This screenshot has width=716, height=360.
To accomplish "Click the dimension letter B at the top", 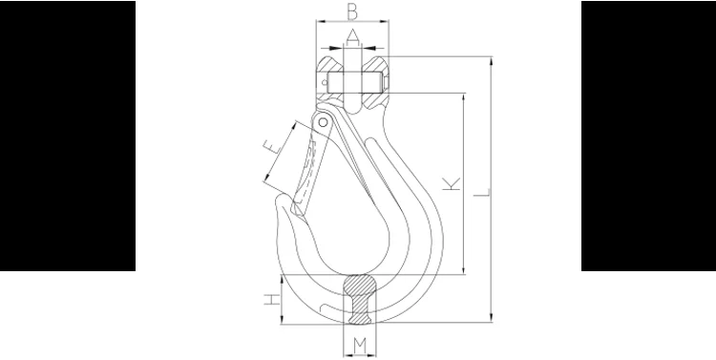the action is [352, 11].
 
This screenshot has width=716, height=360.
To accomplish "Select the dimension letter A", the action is [352, 37].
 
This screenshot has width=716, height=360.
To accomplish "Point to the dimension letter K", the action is [452, 183].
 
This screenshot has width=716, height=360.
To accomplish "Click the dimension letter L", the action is [482, 192].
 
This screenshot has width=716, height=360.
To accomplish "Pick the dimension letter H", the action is [272, 300].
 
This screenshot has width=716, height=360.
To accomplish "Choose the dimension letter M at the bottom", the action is [360, 347].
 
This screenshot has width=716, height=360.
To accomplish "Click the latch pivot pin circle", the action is [323, 122].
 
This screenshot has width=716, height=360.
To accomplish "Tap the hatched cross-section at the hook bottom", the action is [360, 299].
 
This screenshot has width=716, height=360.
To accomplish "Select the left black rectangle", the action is [68, 136].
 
